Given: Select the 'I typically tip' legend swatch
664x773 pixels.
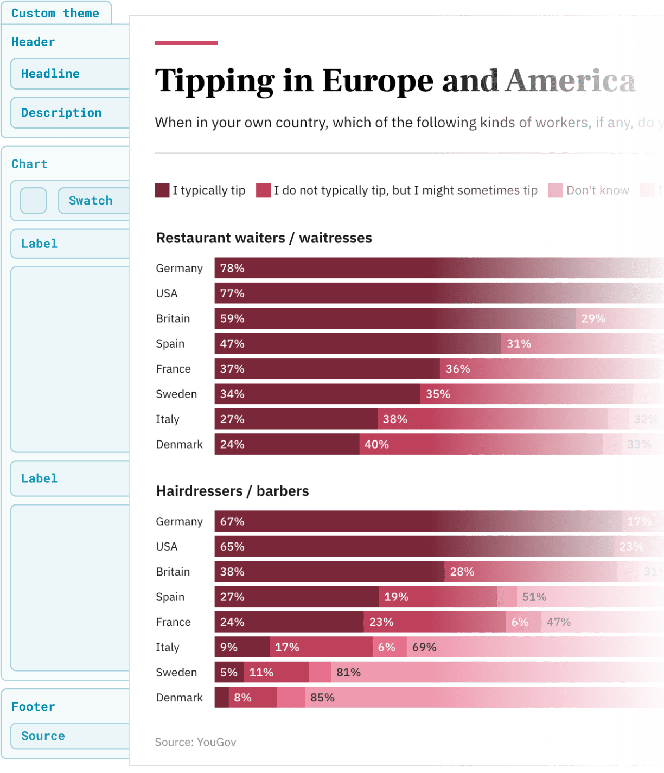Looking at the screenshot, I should [162, 190].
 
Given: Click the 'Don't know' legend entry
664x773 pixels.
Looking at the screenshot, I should [597, 190].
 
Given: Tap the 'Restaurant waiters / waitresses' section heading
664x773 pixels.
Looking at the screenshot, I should [264, 238].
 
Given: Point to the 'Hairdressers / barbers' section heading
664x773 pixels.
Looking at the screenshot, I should [232, 491].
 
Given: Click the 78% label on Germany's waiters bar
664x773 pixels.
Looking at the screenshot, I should [232, 268].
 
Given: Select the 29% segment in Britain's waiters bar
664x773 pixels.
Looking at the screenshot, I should [593, 318].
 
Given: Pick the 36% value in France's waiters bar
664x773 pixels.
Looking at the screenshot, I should [458, 369].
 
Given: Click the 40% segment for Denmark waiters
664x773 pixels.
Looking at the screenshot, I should [376, 444].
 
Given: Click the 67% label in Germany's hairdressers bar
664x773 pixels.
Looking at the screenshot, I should [232, 521].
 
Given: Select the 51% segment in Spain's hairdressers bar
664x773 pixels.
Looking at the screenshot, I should [534, 597].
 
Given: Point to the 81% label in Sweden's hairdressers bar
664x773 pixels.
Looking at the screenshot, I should [348, 672].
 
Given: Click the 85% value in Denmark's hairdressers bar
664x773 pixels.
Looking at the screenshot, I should [322, 698].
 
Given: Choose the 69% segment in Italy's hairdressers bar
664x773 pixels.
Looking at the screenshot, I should [424, 647].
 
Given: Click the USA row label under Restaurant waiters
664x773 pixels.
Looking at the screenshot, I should [167, 293].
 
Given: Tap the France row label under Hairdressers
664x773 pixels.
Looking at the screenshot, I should [173, 622].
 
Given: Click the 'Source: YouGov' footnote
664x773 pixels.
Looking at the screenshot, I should [195, 742].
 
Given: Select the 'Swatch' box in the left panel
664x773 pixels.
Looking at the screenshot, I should [91, 201].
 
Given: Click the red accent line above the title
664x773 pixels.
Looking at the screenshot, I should [186, 43].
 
